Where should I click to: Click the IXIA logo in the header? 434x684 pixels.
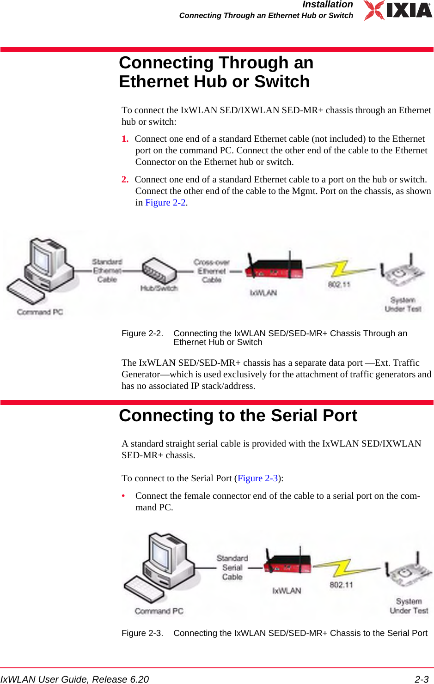(398, 10)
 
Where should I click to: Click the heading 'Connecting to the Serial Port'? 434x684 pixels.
(238, 416)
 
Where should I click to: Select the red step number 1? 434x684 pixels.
(125, 139)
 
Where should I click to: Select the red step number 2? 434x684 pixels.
(125, 180)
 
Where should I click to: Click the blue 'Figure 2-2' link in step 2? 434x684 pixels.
(165, 203)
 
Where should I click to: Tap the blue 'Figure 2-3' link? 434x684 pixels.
(257, 478)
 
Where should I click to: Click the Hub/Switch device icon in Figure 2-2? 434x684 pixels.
(159, 271)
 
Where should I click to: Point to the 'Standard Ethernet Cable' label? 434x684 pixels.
(107, 271)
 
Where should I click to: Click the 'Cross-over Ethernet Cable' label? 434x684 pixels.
(211, 271)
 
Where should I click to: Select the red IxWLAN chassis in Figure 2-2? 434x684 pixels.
(274, 268)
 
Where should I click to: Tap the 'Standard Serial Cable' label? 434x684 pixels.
(232, 568)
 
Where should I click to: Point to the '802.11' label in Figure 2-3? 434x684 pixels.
(341, 585)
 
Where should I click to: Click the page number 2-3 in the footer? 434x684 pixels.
(421, 679)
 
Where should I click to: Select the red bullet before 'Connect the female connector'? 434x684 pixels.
(123, 496)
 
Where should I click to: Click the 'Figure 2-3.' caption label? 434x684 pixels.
(142, 633)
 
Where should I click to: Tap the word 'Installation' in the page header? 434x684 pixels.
(327, 5)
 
